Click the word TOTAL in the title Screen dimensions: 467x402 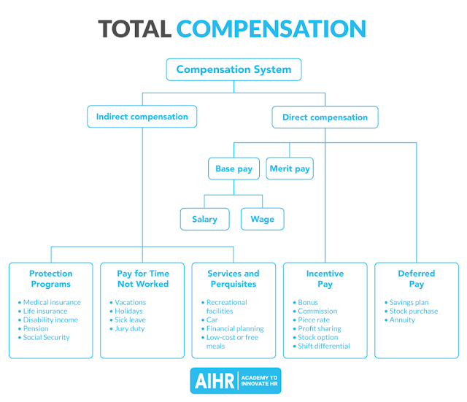tap(135, 28)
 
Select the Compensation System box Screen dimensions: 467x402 tap(233, 70)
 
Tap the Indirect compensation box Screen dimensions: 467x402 tap(142, 117)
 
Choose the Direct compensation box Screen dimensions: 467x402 tap(325, 117)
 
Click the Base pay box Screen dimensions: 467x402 tap(233, 169)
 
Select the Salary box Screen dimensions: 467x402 tap(205, 219)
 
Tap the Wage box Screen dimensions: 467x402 tap(262, 219)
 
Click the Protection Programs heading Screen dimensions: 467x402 tap(51, 279)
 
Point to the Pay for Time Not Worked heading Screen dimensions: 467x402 tap(142, 279)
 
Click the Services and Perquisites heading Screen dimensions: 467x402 tap(233, 279)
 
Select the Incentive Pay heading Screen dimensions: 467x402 tap(325, 279)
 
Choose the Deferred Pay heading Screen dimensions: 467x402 tap(416, 279)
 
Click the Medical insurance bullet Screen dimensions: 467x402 tap(52, 302)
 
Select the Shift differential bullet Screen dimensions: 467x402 tap(324, 346)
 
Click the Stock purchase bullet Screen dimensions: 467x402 tap(414, 311)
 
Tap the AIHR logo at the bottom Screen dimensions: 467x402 tap(233, 380)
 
